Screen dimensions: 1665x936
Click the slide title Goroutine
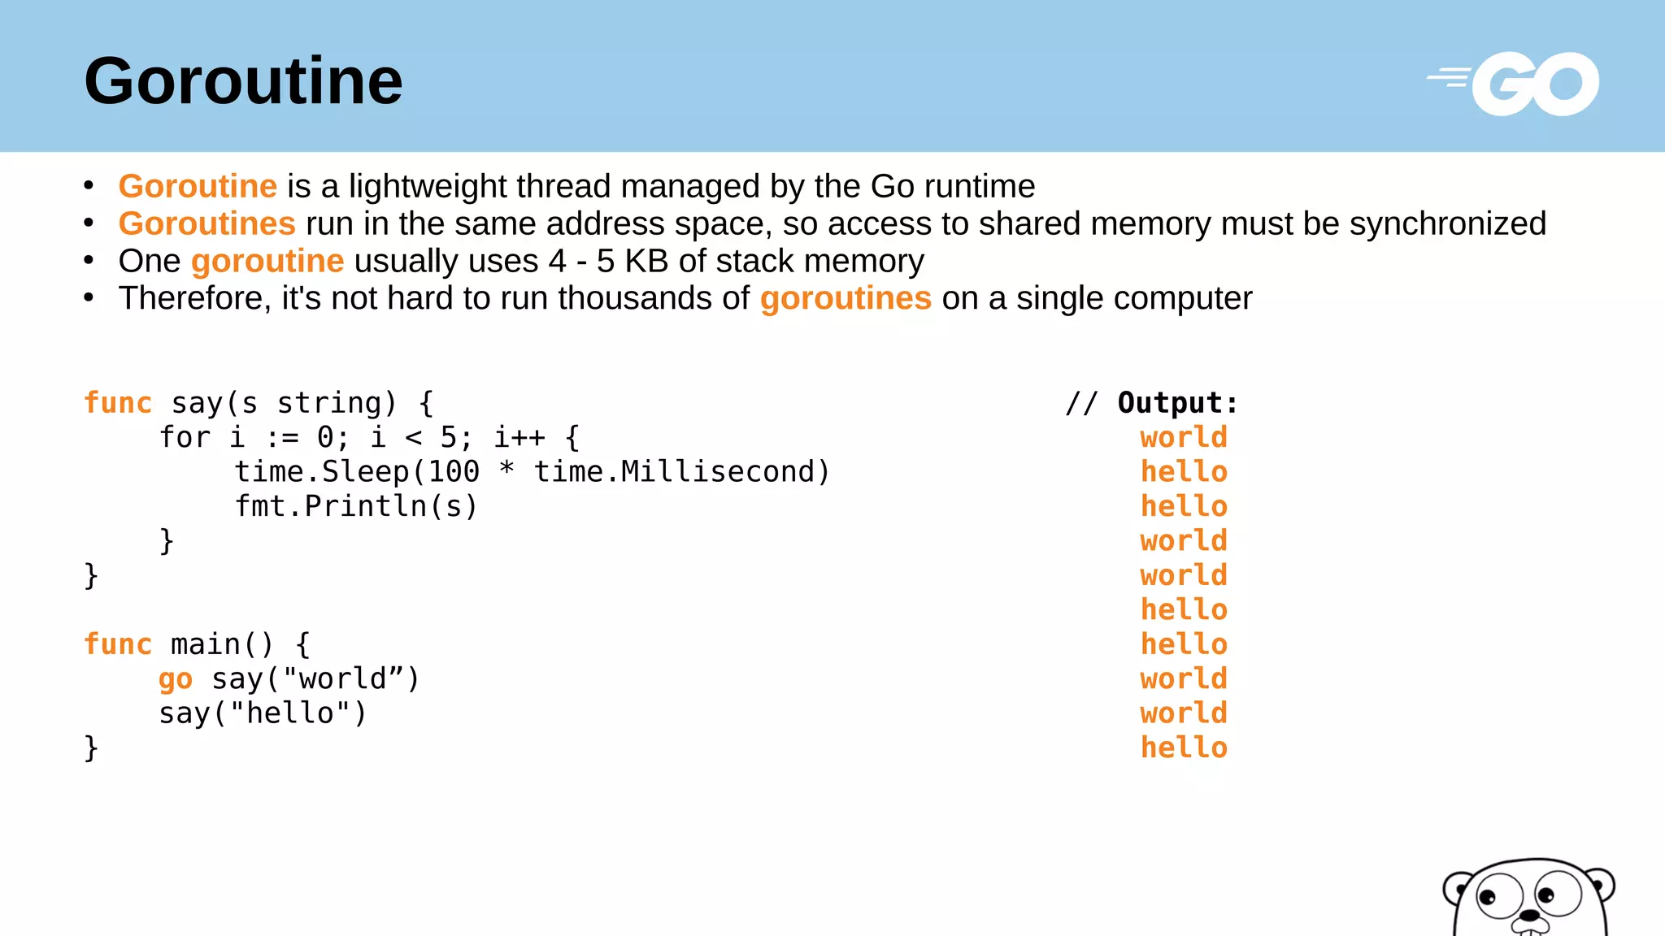[243, 81]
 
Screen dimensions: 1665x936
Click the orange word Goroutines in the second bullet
[206, 223]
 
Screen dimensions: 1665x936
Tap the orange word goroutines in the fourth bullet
[846, 299]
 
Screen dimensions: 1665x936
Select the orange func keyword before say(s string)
[118, 403]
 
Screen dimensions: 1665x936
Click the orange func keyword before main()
[118, 644]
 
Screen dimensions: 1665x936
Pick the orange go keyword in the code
[176, 679]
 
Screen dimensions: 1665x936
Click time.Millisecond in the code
[681, 472]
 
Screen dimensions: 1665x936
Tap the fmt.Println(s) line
[356, 506]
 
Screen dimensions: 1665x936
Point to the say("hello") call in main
[263, 713]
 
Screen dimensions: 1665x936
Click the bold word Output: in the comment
[1177, 403]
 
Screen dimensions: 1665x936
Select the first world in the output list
[1184, 437]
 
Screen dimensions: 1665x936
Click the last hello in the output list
[1184, 747]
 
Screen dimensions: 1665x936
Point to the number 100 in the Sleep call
[454, 472]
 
